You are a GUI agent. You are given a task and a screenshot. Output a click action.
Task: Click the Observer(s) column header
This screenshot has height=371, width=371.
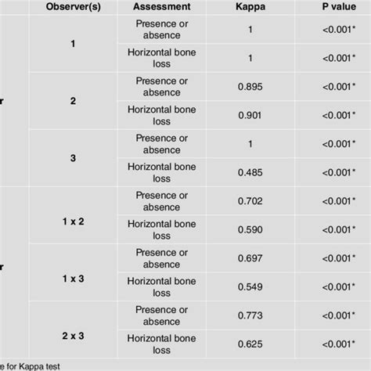click(72, 8)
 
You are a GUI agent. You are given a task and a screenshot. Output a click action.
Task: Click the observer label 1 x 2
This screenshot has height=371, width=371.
click(74, 222)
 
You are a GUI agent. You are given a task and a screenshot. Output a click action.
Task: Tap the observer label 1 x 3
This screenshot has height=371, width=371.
click(74, 279)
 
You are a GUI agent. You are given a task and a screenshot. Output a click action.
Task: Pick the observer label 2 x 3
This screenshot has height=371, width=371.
click(74, 336)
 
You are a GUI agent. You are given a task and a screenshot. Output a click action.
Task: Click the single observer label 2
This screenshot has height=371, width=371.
click(73, 101)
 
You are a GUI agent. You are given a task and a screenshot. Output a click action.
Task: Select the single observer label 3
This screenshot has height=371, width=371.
click(73, 158)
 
